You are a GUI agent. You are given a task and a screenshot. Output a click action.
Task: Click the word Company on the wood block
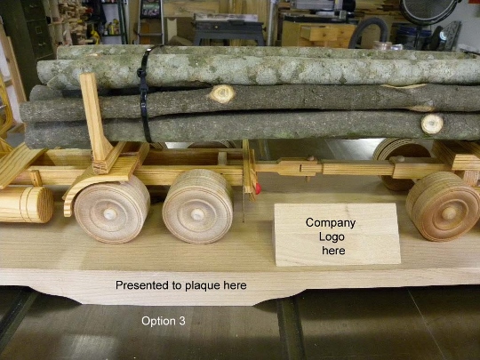(331, 223)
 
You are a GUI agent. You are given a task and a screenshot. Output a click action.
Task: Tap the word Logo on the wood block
(332, 236)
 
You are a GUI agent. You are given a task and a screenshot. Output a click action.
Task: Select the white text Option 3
(164, 321)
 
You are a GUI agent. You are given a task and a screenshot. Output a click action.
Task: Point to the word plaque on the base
(203, 286)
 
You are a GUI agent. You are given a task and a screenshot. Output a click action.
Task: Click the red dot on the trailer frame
(259, 188)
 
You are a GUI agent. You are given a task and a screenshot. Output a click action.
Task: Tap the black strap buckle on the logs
(142, 74)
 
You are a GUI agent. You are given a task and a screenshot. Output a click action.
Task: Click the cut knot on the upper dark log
(222, 93)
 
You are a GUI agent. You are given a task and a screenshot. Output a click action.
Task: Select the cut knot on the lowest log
(432, 124)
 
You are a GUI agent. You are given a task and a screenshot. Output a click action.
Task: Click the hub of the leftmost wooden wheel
(109, 214)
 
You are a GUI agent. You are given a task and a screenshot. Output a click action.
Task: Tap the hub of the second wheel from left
(197, 214)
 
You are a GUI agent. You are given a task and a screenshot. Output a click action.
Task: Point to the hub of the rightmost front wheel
(449, 213)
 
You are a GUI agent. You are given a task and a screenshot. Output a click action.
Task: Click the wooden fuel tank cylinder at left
(26, 204)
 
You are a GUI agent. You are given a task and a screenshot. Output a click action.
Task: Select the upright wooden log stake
(93, 118)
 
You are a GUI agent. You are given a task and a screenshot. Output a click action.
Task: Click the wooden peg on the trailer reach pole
(310, 158)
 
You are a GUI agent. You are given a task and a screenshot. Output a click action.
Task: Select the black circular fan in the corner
(429, 11)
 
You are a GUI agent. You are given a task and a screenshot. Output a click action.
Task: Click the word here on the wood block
(333, 251)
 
